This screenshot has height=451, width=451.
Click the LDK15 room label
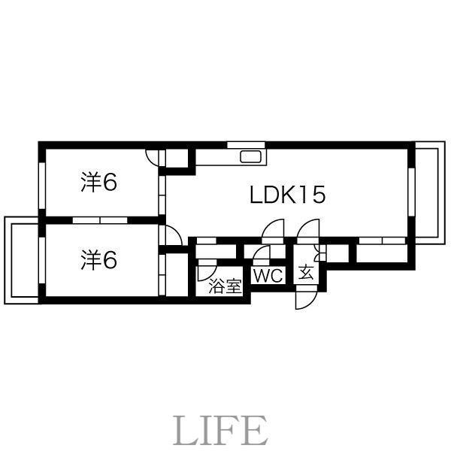tap(287, 195)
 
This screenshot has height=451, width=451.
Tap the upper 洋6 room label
tap(98, 183)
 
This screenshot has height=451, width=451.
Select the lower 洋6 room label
tap(98, 260)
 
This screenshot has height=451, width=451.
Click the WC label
tap(268, 276)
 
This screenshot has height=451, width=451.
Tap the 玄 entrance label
tap(307, 272)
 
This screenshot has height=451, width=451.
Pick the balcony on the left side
tap(21, 260)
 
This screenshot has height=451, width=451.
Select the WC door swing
tap(262, 253)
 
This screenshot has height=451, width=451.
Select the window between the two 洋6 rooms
tap(101, 219)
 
